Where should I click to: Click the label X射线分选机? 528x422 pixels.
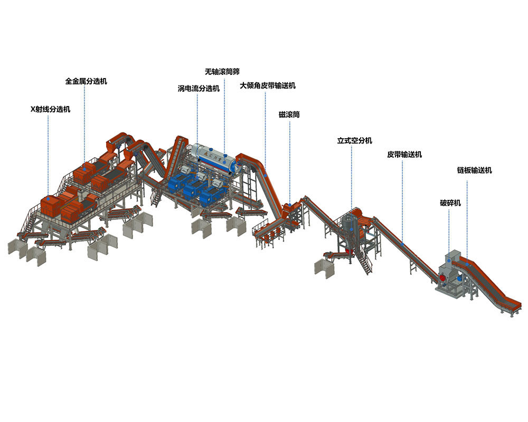[x=51, y=109]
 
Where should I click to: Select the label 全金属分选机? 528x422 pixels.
[x=86, y=81]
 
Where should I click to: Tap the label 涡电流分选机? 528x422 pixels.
[x=199, y=89]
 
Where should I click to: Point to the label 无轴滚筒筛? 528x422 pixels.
[x=222, y=72]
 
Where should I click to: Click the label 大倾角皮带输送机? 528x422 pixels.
[x=268, y=85]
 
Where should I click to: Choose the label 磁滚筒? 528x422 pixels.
[x=289, y=114]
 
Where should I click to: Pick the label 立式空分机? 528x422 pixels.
[x=355, y=141]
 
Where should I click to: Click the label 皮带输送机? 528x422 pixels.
[x=404, y=155]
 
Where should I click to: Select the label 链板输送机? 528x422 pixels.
[x=474, y=170]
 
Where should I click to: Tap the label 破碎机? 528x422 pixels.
[x=450, y=203]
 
